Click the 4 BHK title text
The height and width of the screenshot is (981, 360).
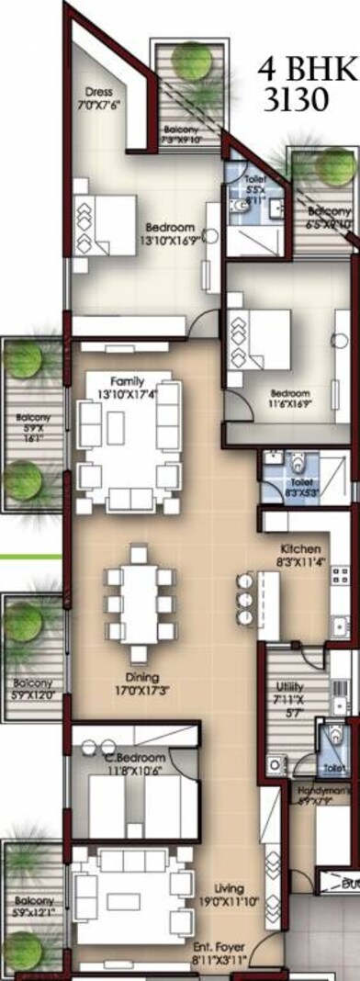(294, 70)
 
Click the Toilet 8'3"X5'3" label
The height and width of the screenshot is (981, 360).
(300, 488)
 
